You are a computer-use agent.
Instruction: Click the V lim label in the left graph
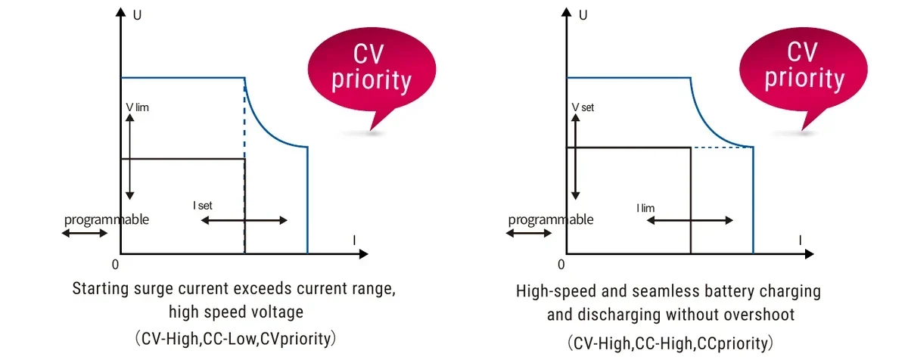tap(138, 107)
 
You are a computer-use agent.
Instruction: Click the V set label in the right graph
tap(583, 107)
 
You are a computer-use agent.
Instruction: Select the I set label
tap(203, 205)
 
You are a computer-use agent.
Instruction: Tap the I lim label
tap(645, 208)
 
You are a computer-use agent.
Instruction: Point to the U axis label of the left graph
tap(137, 15)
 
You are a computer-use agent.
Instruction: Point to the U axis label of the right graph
tap(583, 15)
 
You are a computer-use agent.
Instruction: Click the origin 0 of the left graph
tap(116, 265)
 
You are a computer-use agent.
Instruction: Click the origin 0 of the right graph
tap(561, 265)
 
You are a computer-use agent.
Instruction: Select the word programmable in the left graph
tap(107, 220)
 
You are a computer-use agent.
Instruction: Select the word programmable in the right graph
tap(551, 220)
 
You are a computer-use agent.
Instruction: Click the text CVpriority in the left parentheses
tap(296, 339)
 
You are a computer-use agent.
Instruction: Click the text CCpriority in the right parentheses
tap(732, 343)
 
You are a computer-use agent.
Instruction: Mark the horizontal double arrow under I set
tap(244, 220)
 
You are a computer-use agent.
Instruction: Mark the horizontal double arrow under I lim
tap(689, 220)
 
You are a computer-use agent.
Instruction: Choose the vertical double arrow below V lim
tap(129, 157)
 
